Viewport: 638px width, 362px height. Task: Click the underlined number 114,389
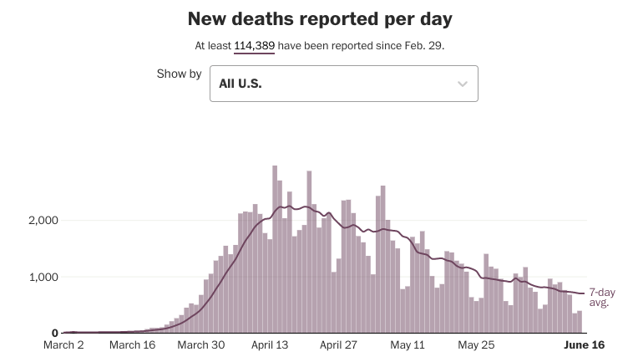pyautogui.click(x=254, y=45)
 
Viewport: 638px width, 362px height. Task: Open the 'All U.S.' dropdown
pyautogui.click(x=343, y=84)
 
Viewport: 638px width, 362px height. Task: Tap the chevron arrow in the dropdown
pyautogui.click(x=463, y=84)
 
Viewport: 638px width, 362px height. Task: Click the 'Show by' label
pyautogui.click(x=179, y=74)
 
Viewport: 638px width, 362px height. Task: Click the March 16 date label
pyautogui.click(x=133, y=345)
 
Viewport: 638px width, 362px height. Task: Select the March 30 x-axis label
pyautogui.click(x=202, y=345)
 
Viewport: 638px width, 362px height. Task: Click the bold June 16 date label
pyautogui.click(x=585, y=345)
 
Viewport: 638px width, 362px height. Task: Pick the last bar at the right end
pyautogui.click(x=579, y=322)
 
